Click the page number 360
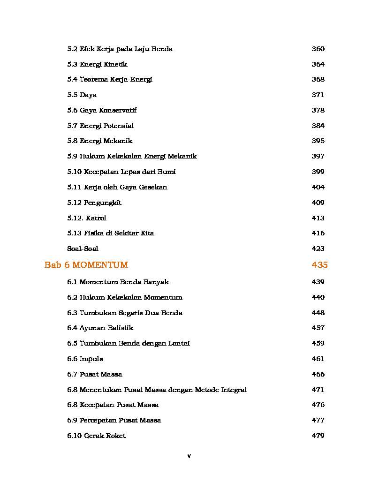(x=318, y=49)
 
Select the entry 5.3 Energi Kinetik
(x=97, y=64)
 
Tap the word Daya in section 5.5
(x=88, y=95)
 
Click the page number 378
(x=318, y=110)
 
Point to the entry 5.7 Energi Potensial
(x=100, y=126)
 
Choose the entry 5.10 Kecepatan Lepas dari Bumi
(x=121, y=172)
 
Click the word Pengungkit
(x=102, y=203)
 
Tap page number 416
(x=318, y=233)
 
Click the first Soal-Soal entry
(x=83, y=249)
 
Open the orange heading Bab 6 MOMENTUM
(x=86, y=265)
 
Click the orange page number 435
(x=319, y=265)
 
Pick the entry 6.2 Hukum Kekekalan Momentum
(x=124, y=297)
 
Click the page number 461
(x=318, y=359)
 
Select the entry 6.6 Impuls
(x=85, y=359)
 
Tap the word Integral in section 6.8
(x=231, y=390)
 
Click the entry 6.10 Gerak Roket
(x=96, y=436)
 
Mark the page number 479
(x=318, y=436)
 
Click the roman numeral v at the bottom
(x=189, y=456)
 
